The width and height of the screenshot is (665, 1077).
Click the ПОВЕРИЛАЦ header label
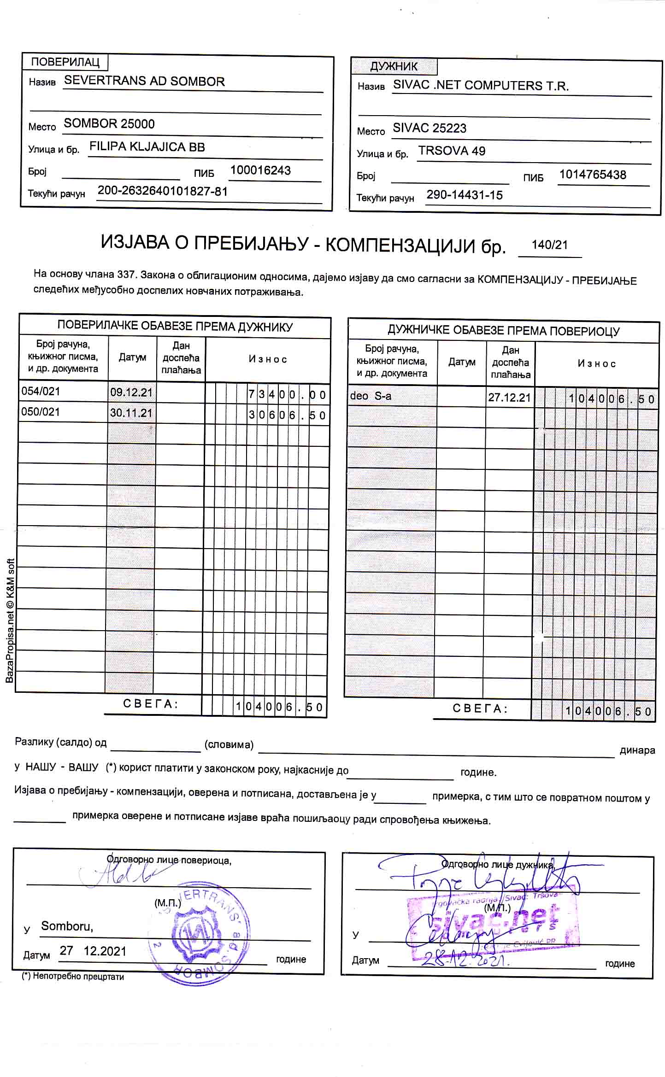pos(65,62)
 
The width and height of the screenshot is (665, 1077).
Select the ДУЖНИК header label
pos(394,66)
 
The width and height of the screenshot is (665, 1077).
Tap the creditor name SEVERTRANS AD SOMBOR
pos(144,81)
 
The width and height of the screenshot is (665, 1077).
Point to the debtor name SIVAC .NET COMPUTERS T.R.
pos(481,86)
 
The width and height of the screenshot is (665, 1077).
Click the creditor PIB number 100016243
pos(260,170)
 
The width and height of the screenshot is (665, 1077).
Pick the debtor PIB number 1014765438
pos(592,175)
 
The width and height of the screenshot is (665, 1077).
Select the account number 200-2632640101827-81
pos(163,191)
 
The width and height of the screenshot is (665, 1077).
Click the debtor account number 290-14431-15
pos(464,195)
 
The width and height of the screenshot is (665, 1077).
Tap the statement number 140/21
pos(549,245)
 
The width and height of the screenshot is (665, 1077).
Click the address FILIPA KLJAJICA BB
pos(147,147)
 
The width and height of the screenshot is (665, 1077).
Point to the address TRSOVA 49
pos(452,151)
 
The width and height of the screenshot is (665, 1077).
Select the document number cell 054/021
pos(41,392)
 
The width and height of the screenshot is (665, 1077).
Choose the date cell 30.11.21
pos(131,413)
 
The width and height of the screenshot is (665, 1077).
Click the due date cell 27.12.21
pos(509,398)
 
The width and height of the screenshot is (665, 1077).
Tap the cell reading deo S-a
pos(371,396)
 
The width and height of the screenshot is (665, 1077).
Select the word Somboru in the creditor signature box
pos(67,926)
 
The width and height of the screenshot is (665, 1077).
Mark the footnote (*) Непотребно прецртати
pos(73,976)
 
